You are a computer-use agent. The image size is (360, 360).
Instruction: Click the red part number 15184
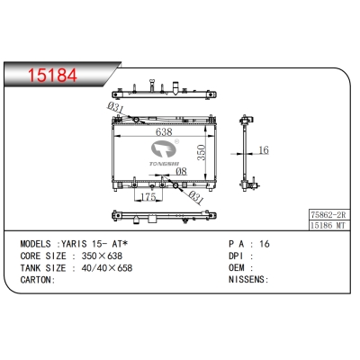point(52,76)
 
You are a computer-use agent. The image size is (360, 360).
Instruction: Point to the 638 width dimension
point(164,132)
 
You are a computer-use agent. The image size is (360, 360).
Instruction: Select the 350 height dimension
point(202,152)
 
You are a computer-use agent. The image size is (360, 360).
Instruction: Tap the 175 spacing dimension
point(148,197)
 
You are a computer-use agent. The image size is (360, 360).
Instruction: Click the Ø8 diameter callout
point(181,171)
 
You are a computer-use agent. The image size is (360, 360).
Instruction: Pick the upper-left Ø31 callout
point(115,108)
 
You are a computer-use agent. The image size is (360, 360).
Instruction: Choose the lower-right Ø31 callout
point(195,197)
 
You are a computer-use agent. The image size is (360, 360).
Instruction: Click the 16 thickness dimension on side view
point(264,150)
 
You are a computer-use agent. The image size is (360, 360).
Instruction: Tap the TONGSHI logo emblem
point(165,149)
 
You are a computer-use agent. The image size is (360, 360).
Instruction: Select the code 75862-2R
point(328,215)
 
